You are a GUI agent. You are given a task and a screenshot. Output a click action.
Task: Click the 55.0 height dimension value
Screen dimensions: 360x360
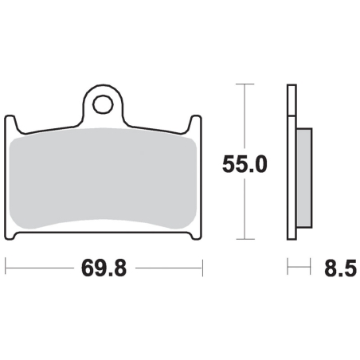point(245,165)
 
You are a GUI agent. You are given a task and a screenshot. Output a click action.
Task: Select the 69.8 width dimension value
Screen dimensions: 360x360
point(104,268)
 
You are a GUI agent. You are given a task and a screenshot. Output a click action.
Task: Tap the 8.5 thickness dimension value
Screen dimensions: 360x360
point(340,268)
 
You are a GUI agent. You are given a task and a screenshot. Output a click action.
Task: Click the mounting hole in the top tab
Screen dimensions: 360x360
point(103,104)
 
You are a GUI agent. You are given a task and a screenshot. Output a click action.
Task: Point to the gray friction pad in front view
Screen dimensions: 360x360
point(103,178)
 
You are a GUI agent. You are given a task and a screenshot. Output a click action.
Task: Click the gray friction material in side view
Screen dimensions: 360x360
point(304,178)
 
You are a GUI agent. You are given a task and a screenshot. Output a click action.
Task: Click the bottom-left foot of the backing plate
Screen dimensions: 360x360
point(11,236)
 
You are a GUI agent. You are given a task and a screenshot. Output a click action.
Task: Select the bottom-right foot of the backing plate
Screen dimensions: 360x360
point(195,236)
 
